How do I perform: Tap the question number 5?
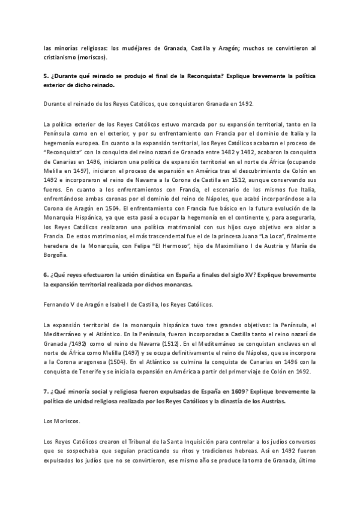46,77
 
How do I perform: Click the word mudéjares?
120,47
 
